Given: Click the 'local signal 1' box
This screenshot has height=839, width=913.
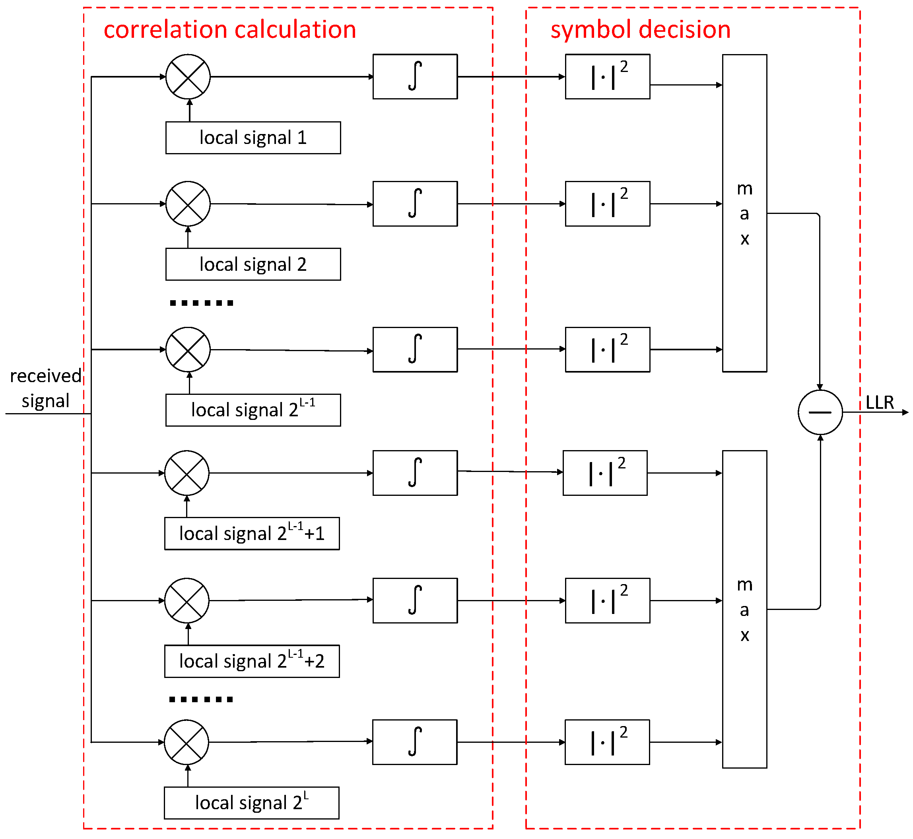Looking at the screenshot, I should [253, 138].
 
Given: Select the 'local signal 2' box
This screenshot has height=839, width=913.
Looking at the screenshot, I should [253, 264].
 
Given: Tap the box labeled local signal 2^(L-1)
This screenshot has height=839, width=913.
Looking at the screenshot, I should [253, 410].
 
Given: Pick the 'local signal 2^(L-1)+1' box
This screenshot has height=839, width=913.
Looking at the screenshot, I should [252, 534].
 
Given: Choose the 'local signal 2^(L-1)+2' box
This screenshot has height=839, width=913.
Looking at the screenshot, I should [252, 661].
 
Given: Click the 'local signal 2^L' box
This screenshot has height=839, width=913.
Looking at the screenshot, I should [252, 803].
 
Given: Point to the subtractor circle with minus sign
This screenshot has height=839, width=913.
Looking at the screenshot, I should [820, 412].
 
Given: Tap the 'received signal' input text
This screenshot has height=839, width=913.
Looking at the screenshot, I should [45, 388].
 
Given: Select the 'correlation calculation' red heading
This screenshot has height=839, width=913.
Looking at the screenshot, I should [230, 29].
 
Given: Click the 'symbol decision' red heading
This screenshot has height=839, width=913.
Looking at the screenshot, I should [640, 29].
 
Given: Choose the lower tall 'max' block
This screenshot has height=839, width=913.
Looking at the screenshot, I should [744, 609].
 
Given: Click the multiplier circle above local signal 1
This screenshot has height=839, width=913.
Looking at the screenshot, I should [188, 77].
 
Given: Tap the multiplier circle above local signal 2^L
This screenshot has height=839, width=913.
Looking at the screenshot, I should [186, 742].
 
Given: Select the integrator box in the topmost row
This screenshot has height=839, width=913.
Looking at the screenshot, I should [415, 77].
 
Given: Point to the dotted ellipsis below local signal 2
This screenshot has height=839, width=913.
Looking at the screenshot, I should [201, 303].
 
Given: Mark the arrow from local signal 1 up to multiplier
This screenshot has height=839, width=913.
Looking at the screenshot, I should [190, 110].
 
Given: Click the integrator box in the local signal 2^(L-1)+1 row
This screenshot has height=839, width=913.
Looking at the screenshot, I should [415, 473].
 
